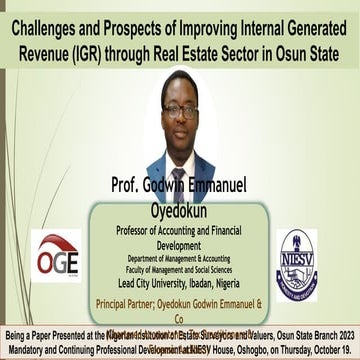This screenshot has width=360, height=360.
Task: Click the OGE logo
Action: (58, 259)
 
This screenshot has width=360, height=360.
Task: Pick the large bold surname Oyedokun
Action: (179, 209)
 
